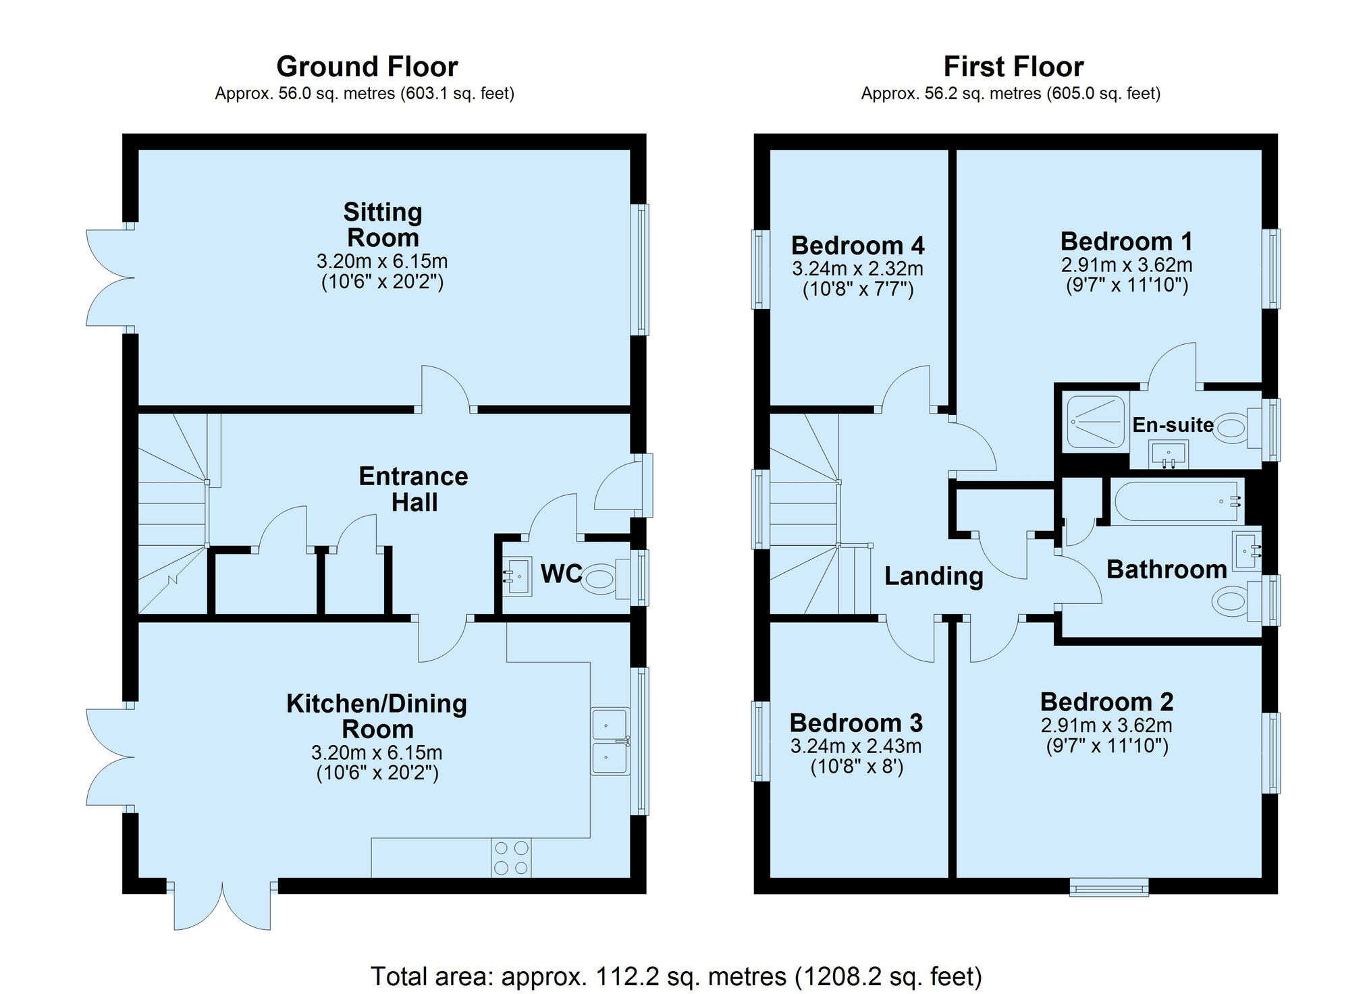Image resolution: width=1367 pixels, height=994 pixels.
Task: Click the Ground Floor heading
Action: (367, 67)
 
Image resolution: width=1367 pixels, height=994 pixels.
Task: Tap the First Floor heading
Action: (1013, 67)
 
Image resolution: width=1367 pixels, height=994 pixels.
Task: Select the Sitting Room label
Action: (383, 225)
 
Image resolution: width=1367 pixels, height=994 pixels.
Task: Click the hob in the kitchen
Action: (511, 858)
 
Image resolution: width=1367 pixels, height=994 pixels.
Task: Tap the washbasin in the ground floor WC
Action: (518, 576)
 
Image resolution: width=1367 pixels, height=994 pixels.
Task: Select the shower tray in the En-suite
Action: (1095, 422)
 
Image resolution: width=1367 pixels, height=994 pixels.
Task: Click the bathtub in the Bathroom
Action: (1178, 501)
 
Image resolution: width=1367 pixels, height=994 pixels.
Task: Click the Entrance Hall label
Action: (414, 489)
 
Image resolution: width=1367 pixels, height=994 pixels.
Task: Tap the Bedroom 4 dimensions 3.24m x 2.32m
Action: (857, 269)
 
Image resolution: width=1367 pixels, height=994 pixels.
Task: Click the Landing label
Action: (934, 576)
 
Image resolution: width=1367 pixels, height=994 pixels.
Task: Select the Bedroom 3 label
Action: (856, 723)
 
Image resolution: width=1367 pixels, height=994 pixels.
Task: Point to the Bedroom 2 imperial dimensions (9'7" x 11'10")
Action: (1106, 746)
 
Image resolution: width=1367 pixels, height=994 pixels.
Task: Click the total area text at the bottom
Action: (676, 976)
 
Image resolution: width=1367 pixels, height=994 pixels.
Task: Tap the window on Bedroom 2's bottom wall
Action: (1109, 887)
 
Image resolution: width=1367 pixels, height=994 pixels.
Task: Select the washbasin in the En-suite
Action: (1169, 454)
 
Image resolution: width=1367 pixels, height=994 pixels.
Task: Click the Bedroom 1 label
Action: (1126, 242)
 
